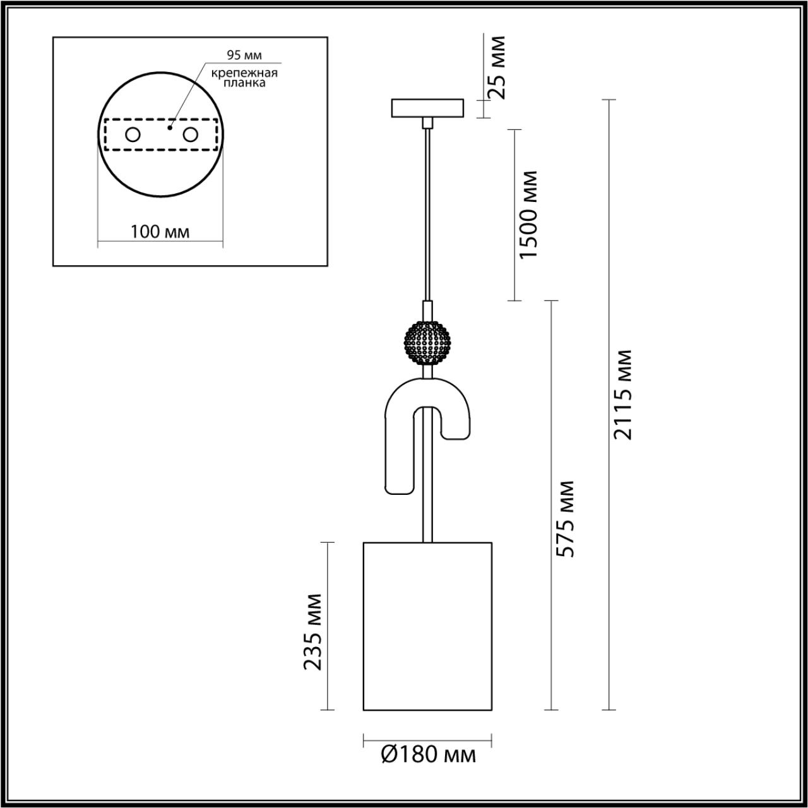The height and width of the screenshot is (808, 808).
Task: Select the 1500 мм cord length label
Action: [527, 215]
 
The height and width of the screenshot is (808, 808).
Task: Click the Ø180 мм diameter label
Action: [429, 754]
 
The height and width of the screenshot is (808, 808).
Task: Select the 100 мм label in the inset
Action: [160, 232]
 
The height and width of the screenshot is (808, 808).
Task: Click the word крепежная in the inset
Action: [244, 72]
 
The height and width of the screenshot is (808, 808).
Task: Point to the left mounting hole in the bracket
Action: [133, 134]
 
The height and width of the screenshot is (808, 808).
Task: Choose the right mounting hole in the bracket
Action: [190, 134]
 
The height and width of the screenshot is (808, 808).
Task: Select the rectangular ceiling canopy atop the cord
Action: [427, 108]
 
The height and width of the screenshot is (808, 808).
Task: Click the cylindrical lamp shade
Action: [427, 625]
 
